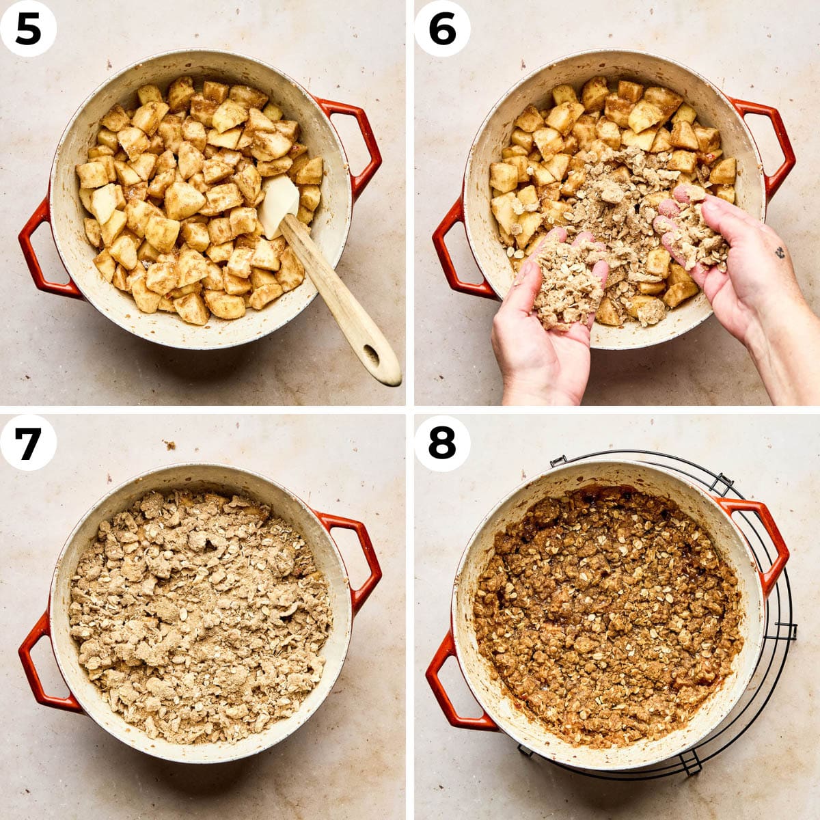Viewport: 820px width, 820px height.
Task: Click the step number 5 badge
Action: [x=27, y=29]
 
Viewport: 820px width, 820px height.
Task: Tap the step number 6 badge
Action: [x=442, y=29]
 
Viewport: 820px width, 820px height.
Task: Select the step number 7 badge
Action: [x=27, y=443]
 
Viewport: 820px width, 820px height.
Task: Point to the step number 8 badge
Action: [x=442, y=443]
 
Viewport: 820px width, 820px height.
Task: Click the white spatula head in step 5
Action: [x=279, y=206]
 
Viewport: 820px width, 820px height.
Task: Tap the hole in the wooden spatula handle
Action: [x=371, y=353]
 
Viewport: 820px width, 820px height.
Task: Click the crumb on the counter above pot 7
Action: [x=171, y=445]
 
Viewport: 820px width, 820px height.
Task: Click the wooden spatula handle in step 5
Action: [x=340, y=302]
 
